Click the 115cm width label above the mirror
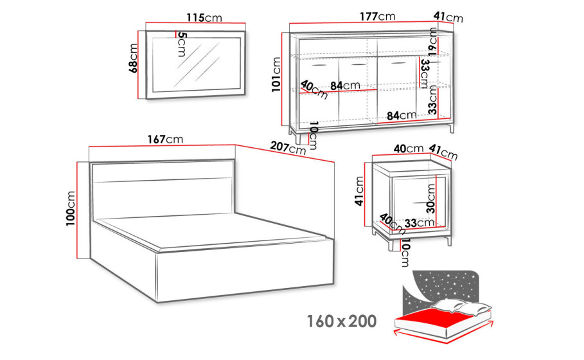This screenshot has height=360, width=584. tap(204, 17)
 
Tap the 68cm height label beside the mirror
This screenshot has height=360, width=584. tap(133, 58)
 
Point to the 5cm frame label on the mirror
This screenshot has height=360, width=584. tap(181, 44)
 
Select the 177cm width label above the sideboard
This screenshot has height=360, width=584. tap(377, 17)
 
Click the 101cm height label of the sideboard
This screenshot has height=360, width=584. tap(276, 75)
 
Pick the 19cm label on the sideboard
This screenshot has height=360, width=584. tap(432, 42)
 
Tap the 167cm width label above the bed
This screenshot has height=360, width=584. tap(165, 139)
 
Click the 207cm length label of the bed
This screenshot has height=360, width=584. tap(288, 148)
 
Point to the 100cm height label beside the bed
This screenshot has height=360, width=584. tap(71, 208)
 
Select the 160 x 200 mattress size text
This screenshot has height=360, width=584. tap(342, 321)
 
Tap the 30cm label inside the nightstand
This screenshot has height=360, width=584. tap(430, 199)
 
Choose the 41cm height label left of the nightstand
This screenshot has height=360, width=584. tap(359, 191)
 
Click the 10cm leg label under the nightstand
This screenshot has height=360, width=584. tap(405, 253)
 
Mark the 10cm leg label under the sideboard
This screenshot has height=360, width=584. tap(313, 135)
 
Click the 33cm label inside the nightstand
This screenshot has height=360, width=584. tap(420, 223)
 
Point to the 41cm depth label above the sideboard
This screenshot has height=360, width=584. tap(448, 17)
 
